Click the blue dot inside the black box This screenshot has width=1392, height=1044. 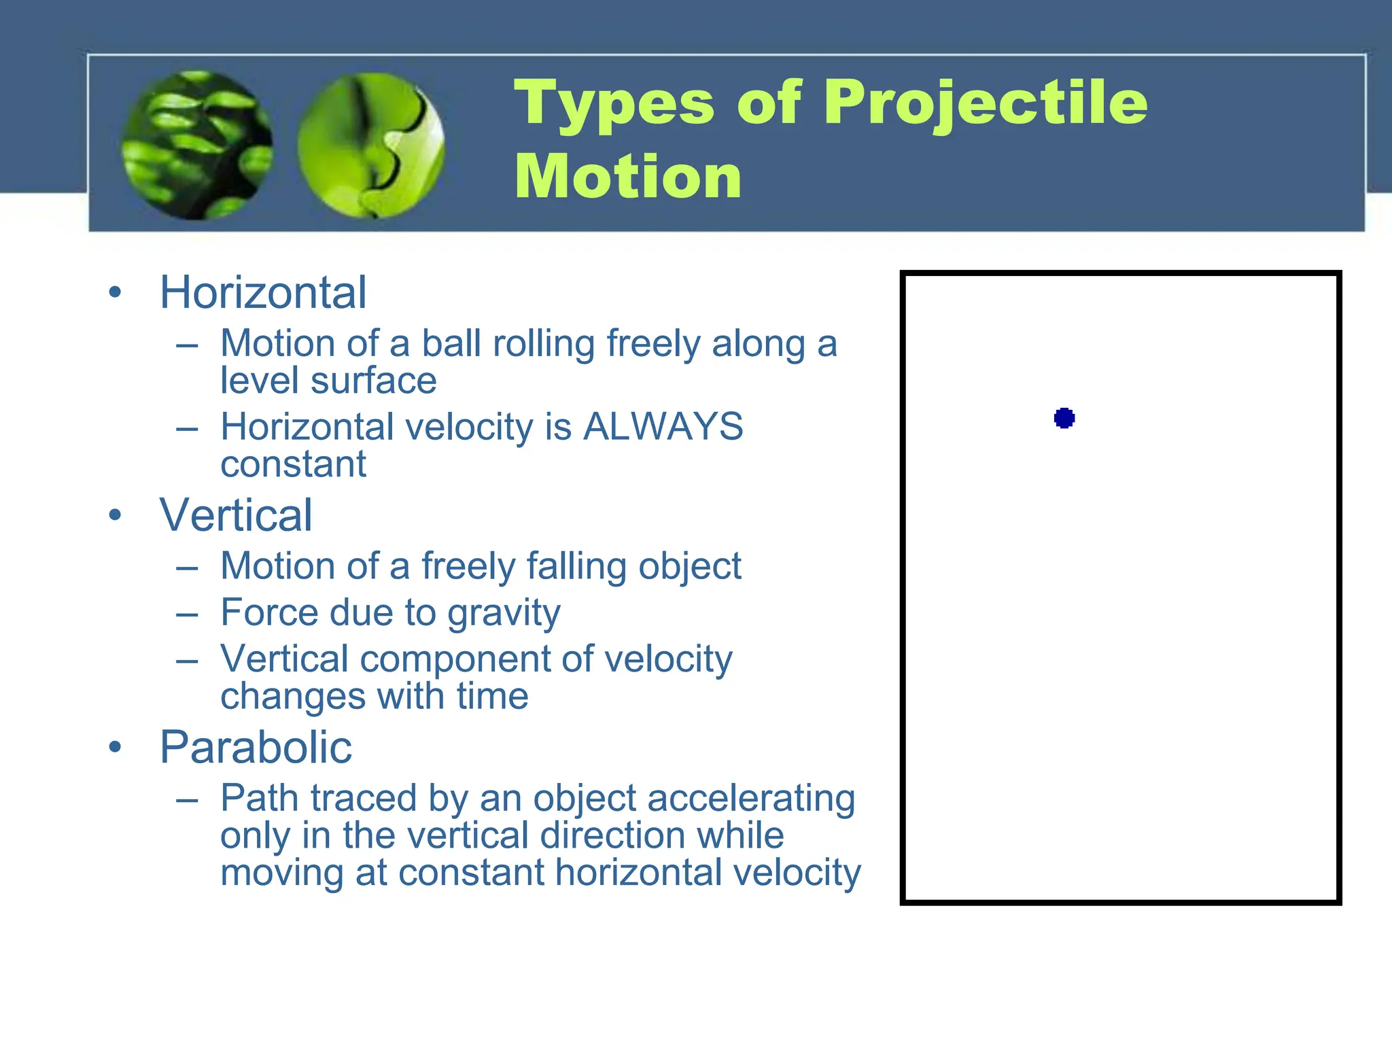1064,418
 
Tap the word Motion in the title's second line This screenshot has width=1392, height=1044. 627,177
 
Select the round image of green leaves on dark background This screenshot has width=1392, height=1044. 197,145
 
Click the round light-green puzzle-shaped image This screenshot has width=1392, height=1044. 371,145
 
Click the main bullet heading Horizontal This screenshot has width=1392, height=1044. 263,293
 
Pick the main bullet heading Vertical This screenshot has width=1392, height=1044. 236,515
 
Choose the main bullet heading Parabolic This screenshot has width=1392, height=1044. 256,748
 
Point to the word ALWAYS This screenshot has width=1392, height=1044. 663,428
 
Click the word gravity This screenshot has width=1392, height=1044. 504,614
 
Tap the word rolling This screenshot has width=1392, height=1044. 544,343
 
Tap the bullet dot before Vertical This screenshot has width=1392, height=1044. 115,515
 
